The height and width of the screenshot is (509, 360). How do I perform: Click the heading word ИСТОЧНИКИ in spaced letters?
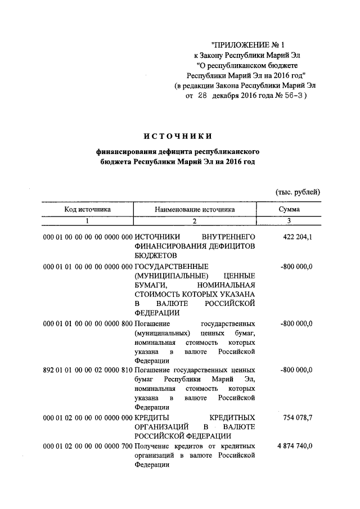coord(178,136)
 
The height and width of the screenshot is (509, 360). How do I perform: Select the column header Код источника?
coord(87,209)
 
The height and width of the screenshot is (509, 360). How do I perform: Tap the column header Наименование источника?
coord(195,209)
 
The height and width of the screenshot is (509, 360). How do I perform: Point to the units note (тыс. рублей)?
coord(298,192)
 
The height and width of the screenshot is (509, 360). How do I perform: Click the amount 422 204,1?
coord(296,237)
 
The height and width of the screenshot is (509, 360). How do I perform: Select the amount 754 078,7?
coord(296,418)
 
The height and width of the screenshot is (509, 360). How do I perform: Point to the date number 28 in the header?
coord(202,96)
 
